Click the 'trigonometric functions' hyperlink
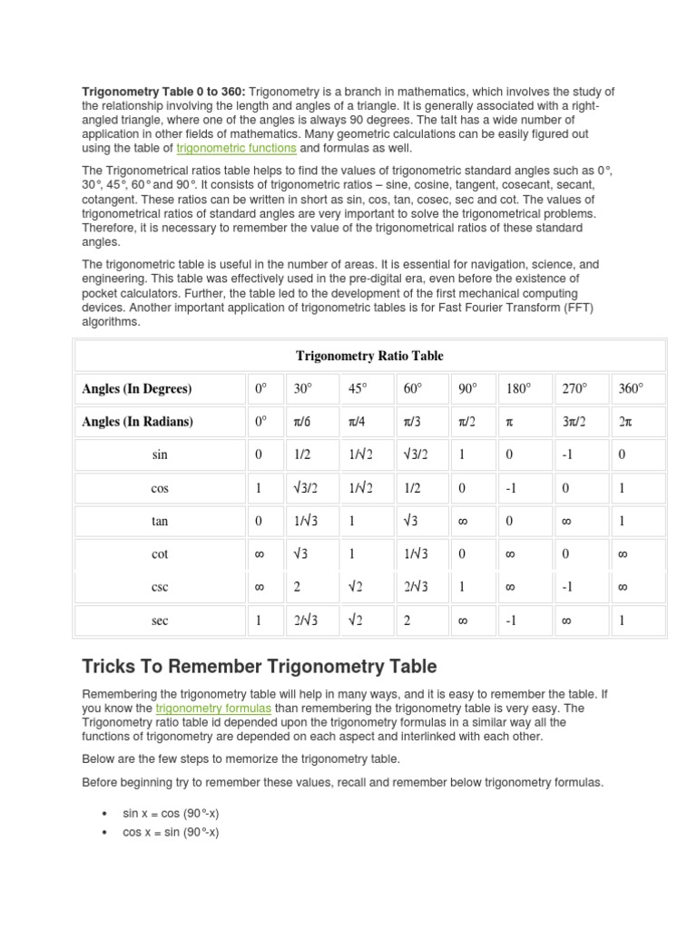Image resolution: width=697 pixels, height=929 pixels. [x=236, y=148]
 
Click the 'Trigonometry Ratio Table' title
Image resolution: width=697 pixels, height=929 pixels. [x=369, y=356]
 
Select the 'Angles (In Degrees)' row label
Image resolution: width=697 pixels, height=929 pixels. [x=137, y=389]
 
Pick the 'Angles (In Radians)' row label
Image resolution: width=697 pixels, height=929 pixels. [x=137, y=422]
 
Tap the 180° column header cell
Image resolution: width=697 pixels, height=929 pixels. [x=518, y=389]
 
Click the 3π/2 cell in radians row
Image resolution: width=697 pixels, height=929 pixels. [x=574, y=422]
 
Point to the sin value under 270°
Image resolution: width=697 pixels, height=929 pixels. [x=567, y=455]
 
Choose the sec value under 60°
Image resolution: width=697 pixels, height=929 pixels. [x=407, y=621]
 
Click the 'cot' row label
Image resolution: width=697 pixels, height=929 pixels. [x=161, y=554]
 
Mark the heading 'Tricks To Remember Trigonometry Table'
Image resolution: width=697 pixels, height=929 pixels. [x=260, y=667]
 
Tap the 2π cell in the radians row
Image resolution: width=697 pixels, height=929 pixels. [x=625, y=422]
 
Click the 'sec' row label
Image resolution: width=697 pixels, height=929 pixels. [x=161, y=621]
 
